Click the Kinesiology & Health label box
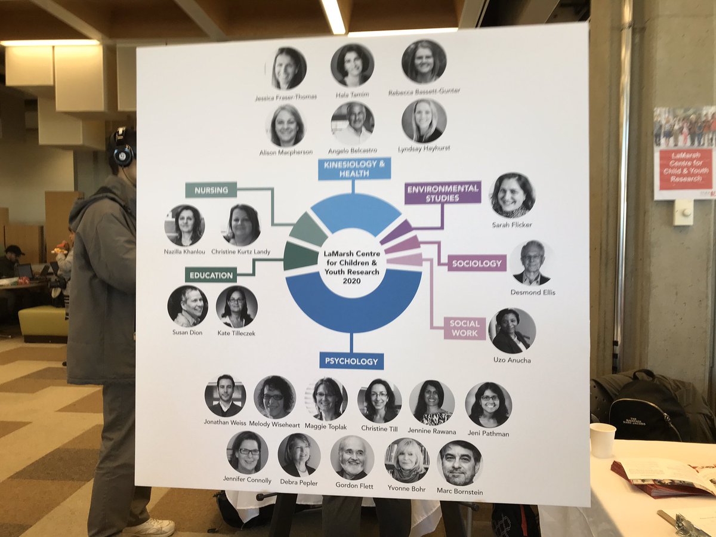[x=354, y=168]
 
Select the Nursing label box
[x=211, y=190]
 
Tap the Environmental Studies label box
[x=443, y=193]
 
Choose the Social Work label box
[x=465, y=328]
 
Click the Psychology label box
[x=351, y=361]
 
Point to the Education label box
[x=211, y=274]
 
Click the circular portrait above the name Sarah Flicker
[x=512, y=195]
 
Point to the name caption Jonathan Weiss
[x=225, y=422]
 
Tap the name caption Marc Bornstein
[x=459, y=492]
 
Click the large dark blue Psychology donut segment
[x=353, y=304]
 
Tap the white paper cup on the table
[x=603, y=440]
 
